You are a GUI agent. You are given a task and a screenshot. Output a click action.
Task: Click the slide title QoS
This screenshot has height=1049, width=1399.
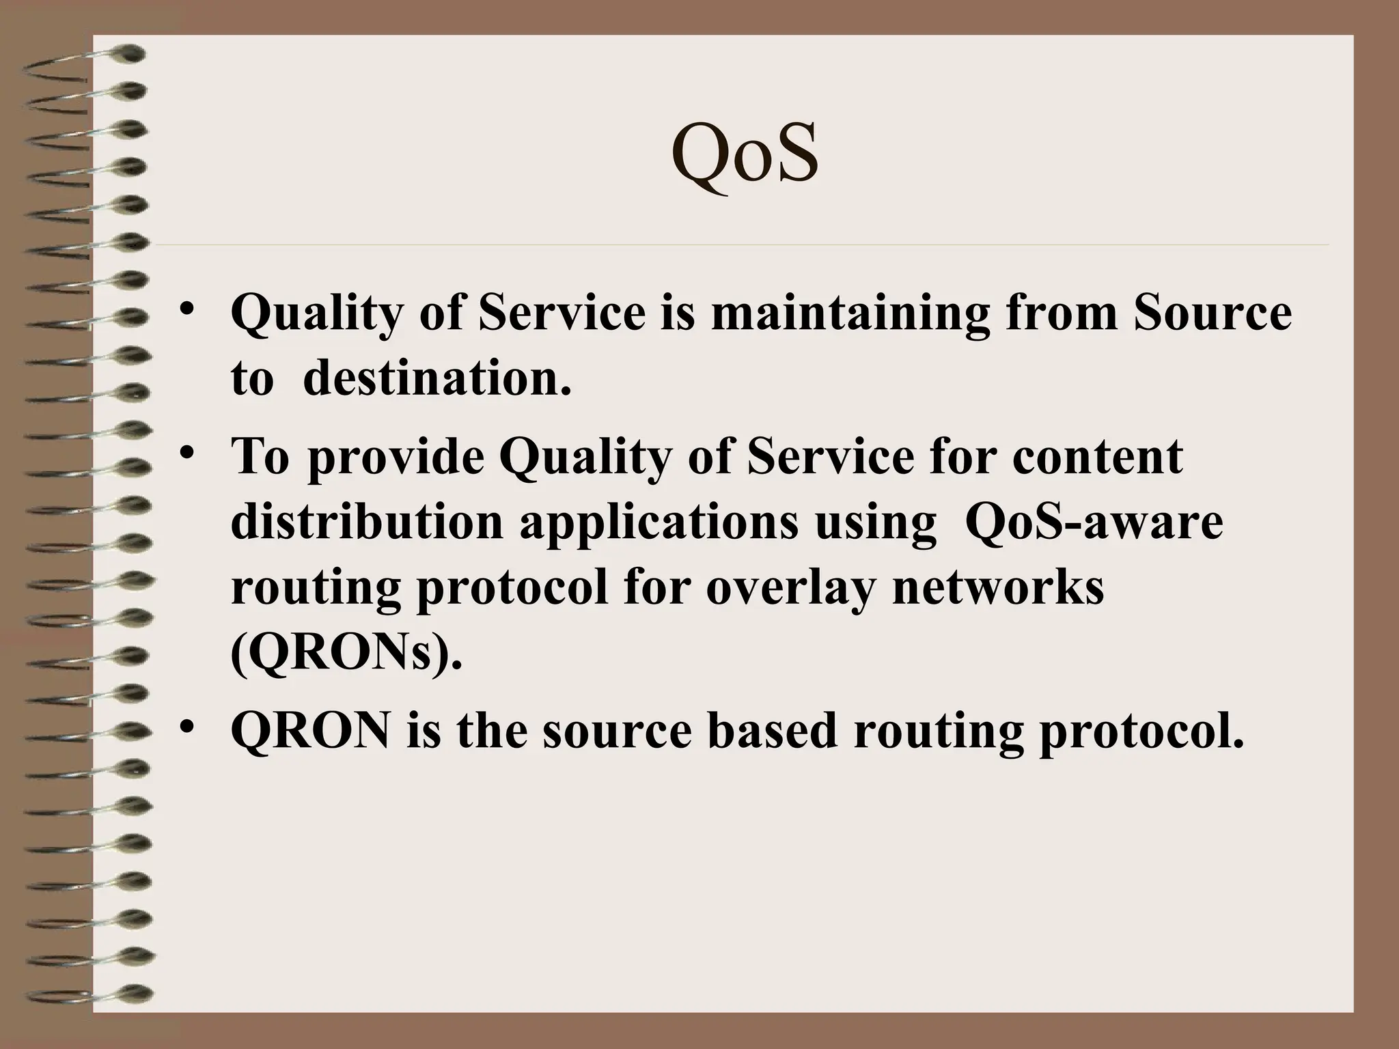tap(745, 156)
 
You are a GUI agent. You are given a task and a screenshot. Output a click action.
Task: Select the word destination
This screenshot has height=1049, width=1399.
tap(437, 378)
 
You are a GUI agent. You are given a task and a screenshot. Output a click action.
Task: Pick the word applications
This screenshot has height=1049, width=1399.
tap(659, 523)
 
